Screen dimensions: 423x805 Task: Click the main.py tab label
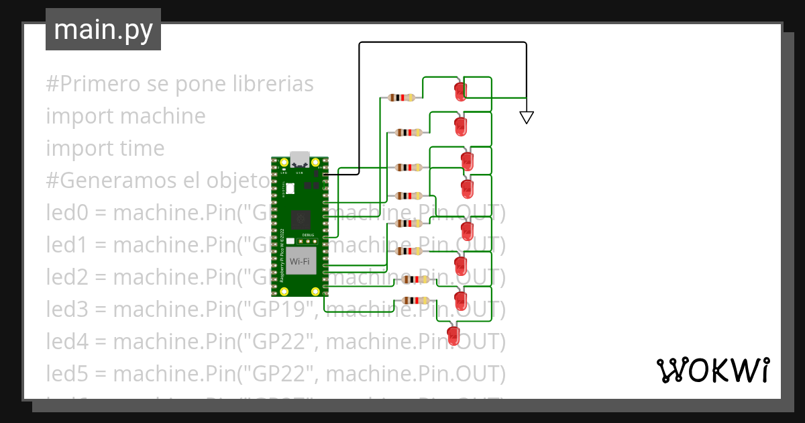(103, 30)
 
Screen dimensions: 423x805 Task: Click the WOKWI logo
(712, 370)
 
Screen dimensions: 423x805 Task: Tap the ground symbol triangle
(527, 117)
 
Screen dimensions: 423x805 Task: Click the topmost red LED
(460, 91)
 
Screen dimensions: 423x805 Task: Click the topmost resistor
(400, 98)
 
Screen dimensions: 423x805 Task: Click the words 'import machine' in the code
(125, 116)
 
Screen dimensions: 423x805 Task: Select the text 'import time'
(105, 148)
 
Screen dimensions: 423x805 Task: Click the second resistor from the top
(409, 132)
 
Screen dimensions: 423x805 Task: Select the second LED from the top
(460, 126)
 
